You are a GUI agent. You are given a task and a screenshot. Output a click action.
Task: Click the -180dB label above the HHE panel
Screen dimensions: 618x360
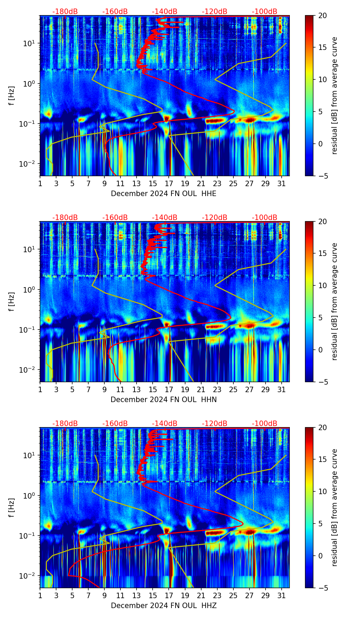(x=65, y=12)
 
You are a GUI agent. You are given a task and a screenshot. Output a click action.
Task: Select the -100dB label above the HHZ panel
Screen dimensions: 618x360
(x=265, y=424)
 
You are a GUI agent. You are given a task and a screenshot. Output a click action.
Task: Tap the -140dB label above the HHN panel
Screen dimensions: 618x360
(x=165, y=218)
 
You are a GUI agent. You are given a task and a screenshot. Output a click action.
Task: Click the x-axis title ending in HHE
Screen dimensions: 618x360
(x=164, y=194)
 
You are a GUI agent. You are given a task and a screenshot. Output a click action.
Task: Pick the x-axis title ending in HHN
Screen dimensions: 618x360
(x=164, y=400)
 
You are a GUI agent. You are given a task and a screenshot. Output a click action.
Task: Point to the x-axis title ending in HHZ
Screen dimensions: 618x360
(x=164, y=606)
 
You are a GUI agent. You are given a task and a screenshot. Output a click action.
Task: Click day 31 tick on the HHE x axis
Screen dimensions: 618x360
(x=282, y=183)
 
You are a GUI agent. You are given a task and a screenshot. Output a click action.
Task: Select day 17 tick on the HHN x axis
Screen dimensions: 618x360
(x=169, y=389)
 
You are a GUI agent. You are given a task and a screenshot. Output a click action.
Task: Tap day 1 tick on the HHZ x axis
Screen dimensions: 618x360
(x=40, y=595)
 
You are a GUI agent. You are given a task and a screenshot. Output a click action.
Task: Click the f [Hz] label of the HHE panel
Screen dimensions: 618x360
(x=12, y=96)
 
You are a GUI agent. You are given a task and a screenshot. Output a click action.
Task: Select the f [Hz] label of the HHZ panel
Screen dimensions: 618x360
(x=12, y=508)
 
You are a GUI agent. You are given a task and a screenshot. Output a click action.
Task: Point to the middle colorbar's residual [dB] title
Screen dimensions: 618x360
(x=334, y=301)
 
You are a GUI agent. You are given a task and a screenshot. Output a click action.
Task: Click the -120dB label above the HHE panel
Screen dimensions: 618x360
(x=215, y=12)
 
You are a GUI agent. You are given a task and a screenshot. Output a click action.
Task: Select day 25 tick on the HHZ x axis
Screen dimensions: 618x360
(x=233, y=595)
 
